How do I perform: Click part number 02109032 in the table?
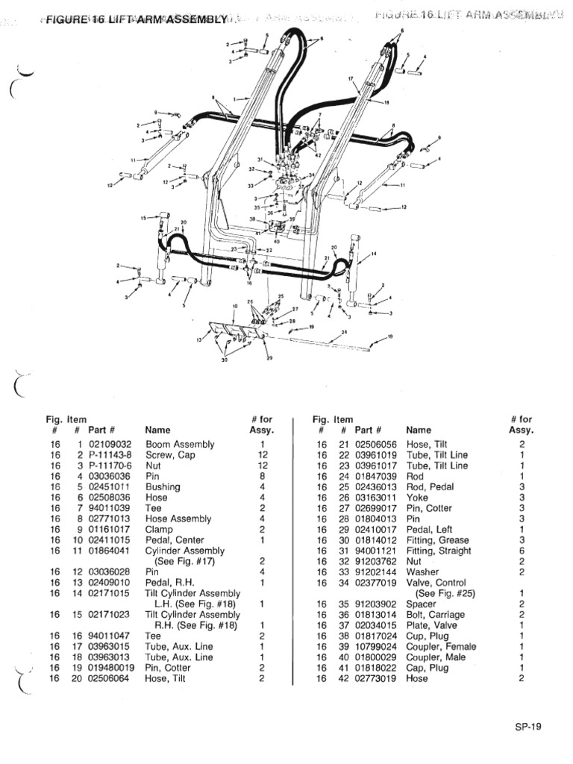[110, 444]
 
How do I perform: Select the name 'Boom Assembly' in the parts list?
[169, 444]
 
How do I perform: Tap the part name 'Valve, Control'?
[436, 583]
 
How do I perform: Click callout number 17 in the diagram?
[350, 78]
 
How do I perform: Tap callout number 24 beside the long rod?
[344, 331]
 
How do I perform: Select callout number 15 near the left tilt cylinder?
[143, 218]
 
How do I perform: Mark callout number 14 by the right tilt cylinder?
[374, 254]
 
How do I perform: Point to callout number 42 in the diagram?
[318, 155]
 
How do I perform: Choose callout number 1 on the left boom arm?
[234, 98]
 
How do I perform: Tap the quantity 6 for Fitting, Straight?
[522, 551]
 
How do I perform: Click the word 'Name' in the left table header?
[157, 430]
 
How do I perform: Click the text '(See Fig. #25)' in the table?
[446, 593]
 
